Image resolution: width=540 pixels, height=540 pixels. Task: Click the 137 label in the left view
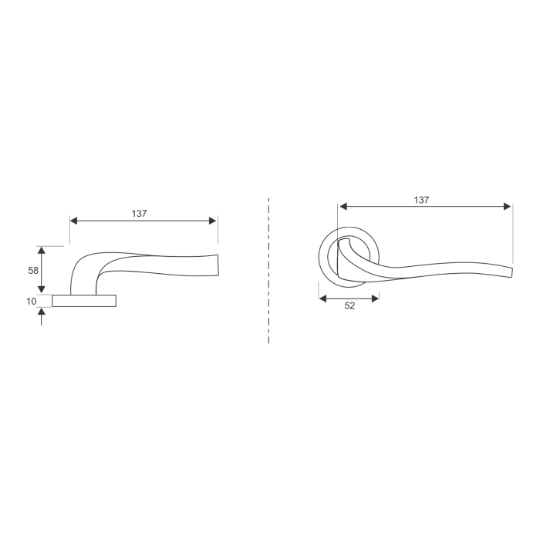[x=139, y=214]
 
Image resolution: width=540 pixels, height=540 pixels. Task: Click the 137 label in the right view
[x=421, y=200]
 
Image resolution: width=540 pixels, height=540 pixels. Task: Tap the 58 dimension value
[x=33, y=271]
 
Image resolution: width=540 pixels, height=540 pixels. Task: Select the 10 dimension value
[x=32, y=302]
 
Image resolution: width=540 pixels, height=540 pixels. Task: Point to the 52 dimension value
[x=349, y=305]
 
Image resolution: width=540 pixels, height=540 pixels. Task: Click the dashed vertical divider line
[x=268, y=271]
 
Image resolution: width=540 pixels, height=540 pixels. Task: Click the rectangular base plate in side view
[x=84, y=301]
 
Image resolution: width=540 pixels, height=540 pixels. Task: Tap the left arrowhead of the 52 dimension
[x=323, y=299]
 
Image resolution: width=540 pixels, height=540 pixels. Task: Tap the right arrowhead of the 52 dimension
[x=376, y=299]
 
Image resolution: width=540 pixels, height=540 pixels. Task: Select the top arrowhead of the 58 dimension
[x=42, y=251]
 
